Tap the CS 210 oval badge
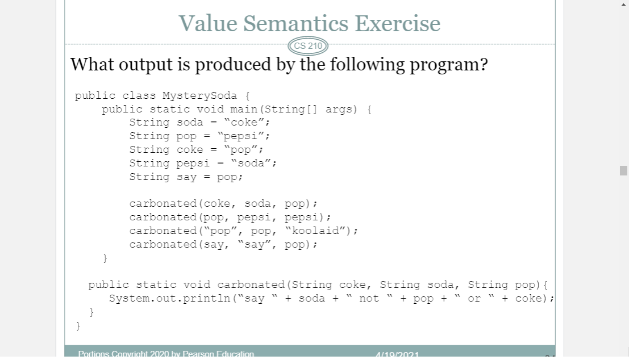[308, 45]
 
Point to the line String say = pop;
[186, 177]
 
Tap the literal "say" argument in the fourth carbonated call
[254, 244]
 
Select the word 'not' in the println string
[369, 298]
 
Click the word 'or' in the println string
[474, 298]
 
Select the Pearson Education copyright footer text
[166, 354]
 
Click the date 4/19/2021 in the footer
[397, 355]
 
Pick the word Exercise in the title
[398, 23]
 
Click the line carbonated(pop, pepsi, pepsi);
[230, 217]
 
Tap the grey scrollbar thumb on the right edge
[623, 171]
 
